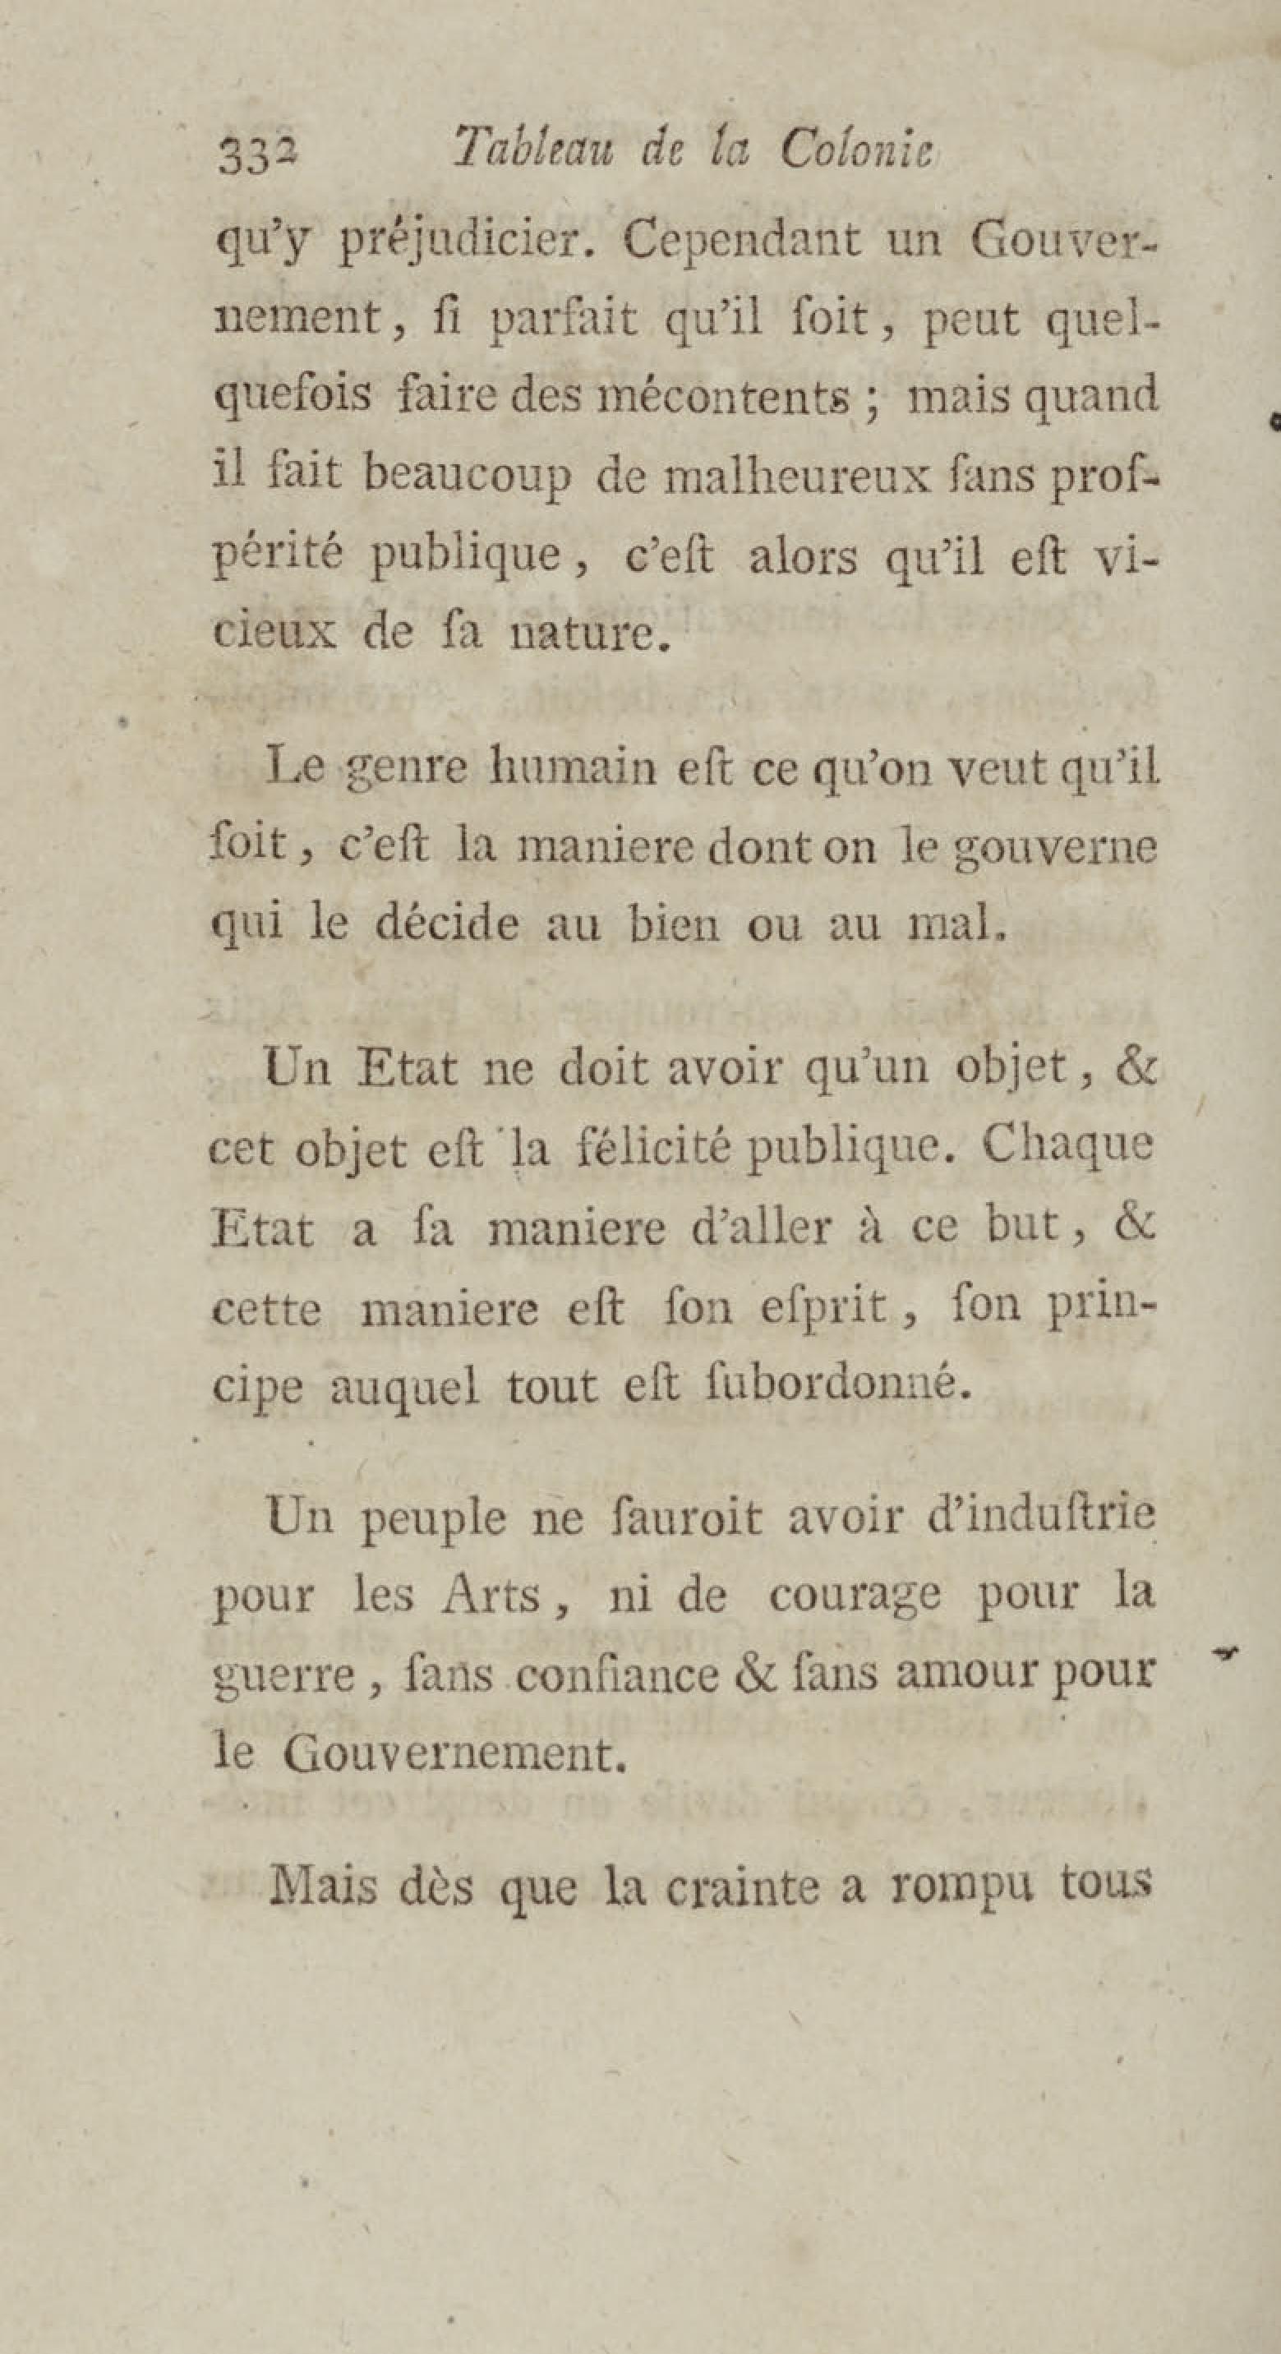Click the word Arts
(x=492, y=1596)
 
